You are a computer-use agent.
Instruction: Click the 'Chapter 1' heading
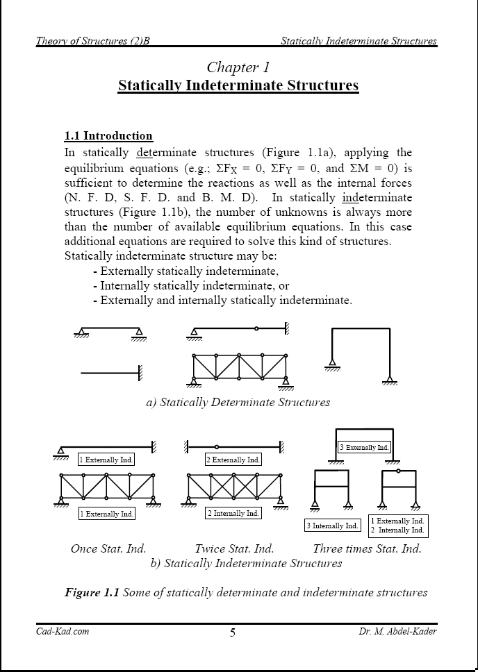click(x=238, y=67)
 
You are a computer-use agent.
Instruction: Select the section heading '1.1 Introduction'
click(x=108, y=135)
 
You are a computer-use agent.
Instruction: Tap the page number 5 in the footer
click(x=233, y=632)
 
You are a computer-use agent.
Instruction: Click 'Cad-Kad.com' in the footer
click(x=63, y=631)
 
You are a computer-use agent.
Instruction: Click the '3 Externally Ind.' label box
click(x=363, y=448)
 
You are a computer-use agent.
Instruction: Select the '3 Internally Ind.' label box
click(x=333, y=526)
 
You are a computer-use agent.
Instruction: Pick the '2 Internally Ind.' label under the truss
click(x=233, y=513)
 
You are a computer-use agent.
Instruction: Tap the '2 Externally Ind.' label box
click(x=233, y=460)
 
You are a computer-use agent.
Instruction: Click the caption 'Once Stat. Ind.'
click(x=108, y=548)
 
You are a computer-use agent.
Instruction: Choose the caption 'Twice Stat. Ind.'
click(x=234, y=548)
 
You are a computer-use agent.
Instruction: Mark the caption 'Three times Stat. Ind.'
click(x=367, y=548)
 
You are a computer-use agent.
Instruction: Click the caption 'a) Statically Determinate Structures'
click(x=238, y=402)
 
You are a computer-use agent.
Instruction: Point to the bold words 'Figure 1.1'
click(x=92, y=592)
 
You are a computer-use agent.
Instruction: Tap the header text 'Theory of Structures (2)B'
click(x=93, y=41)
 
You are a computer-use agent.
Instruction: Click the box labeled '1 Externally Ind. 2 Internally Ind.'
click(x=398, y=526)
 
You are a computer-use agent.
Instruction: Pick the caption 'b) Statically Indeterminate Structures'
click(x=246, y=563)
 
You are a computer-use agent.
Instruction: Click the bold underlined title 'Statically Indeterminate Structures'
click(x=238, y=85)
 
